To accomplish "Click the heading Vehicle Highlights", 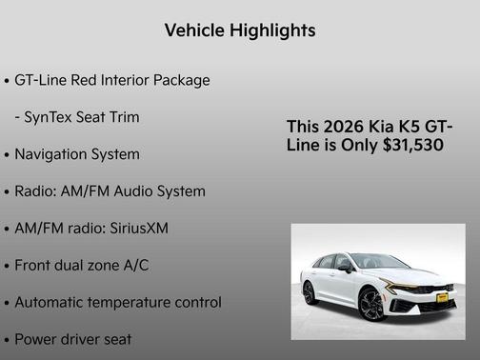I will (x=240, y=31).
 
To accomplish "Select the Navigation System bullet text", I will (x=77, y=154).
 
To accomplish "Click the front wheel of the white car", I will (x=372, y=305).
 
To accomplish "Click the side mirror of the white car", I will (x=345, y=270).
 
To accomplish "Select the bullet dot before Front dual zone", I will (x=8, y=267).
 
